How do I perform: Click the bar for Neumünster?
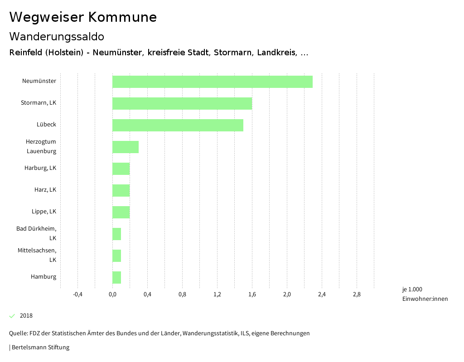click(213, 82)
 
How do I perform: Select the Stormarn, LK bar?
click(182, 103)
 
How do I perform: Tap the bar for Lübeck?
click(178, 125)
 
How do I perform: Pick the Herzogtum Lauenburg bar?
click(126, 147)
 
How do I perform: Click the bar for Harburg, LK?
click(121, 169)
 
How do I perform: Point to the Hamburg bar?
click(117, 277)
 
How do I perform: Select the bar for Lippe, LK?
click(121, 212)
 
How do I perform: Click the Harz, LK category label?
click(45, 189)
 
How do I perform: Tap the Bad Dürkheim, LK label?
click(36, 233)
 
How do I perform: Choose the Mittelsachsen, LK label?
click(37, 255)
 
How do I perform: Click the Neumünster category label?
click(39, 81)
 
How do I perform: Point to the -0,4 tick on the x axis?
click(77, 294)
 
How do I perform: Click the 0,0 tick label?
click(112, 294)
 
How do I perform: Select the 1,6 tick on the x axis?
click(252, 294)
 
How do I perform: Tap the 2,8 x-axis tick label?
click(357, 294)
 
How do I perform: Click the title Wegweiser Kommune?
click(83, 17)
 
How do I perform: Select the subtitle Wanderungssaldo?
click(57, 36)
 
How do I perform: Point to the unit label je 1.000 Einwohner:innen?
click(425, 294)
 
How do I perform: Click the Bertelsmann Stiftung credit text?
click(40, 348)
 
